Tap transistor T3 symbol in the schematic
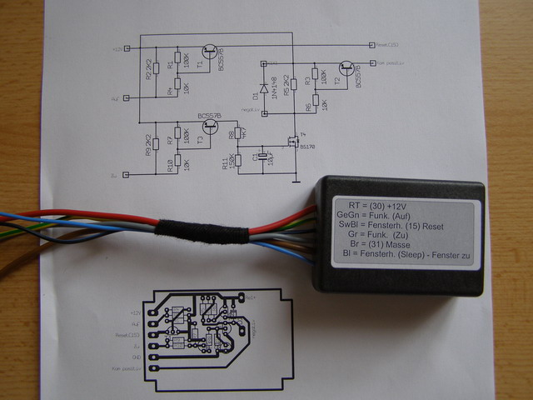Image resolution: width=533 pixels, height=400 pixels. (x=210, y=127)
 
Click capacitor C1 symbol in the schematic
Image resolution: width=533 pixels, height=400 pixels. (x=261, y=156)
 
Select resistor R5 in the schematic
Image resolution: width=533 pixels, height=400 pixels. (x=292, y=87)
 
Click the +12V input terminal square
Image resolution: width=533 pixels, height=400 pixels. (x=126, y=49)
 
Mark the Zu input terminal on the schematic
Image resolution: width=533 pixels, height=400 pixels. (x=126, y=174)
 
